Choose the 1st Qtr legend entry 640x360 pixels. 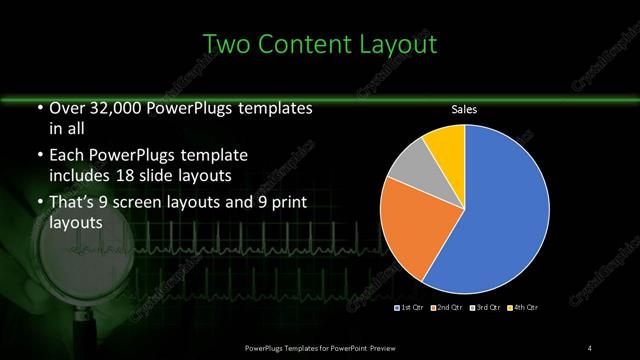411,307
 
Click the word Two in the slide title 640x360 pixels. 227,44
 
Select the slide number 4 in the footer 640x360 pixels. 590,347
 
